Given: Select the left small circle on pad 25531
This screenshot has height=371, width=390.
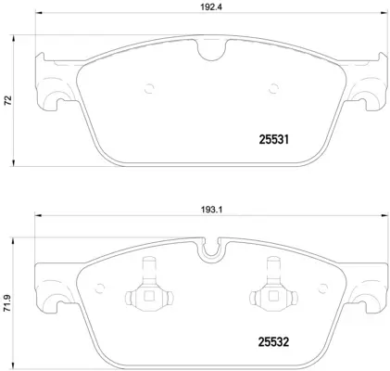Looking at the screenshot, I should click(x=148, y=90).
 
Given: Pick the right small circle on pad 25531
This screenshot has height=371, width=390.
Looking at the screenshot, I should click(x=273, y=90).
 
